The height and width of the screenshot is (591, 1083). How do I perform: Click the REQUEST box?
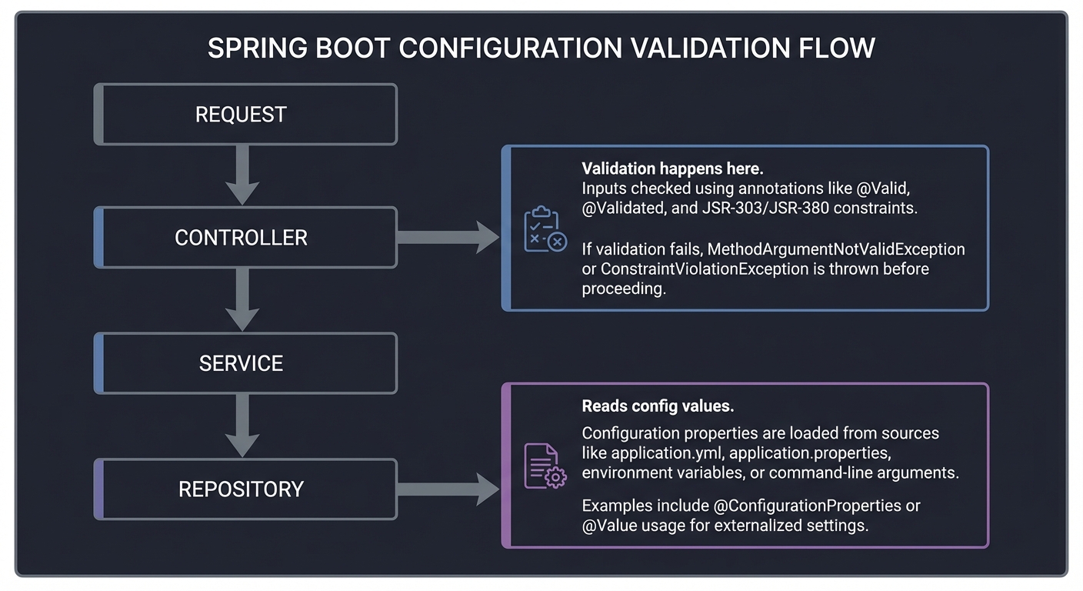[245, 115]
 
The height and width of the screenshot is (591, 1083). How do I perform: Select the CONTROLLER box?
[245, 238]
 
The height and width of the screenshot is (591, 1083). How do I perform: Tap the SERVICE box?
[245, 363]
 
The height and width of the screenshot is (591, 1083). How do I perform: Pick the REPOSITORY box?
[245, 489]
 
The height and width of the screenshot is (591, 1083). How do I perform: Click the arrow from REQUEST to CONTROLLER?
[243, 175]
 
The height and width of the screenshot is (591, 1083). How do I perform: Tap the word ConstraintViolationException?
[695, 269]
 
